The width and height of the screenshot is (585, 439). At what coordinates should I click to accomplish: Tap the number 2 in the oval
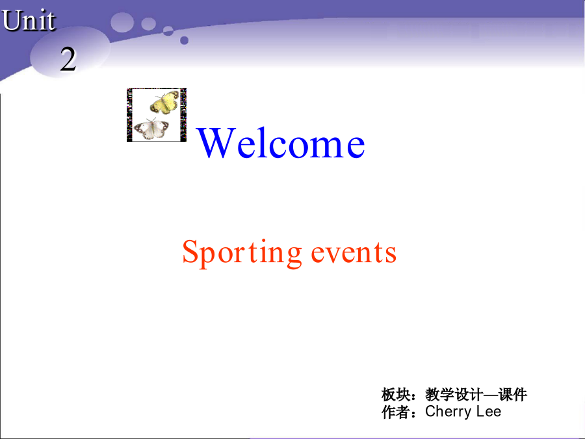pos(68,59)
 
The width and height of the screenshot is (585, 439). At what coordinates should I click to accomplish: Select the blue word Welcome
pos(281,142)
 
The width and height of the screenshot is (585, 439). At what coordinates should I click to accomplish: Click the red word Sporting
pos(242,253)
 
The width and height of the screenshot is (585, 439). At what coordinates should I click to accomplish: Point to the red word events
pos(354,253)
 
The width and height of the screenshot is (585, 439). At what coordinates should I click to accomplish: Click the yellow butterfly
pos(164,102)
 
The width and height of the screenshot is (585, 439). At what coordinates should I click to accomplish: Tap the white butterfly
pos(151,129)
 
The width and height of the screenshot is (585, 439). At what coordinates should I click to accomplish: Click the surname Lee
pos(489,411)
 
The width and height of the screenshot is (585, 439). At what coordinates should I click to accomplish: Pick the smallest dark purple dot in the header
pos(185,40)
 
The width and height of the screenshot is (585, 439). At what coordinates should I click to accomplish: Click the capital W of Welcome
pos(216,142)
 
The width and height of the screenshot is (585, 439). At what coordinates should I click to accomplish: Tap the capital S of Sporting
pos(190,252)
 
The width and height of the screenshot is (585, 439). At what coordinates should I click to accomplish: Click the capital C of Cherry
pos(431,411)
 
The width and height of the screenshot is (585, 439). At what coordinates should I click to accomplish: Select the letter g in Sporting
pos(294,256)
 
